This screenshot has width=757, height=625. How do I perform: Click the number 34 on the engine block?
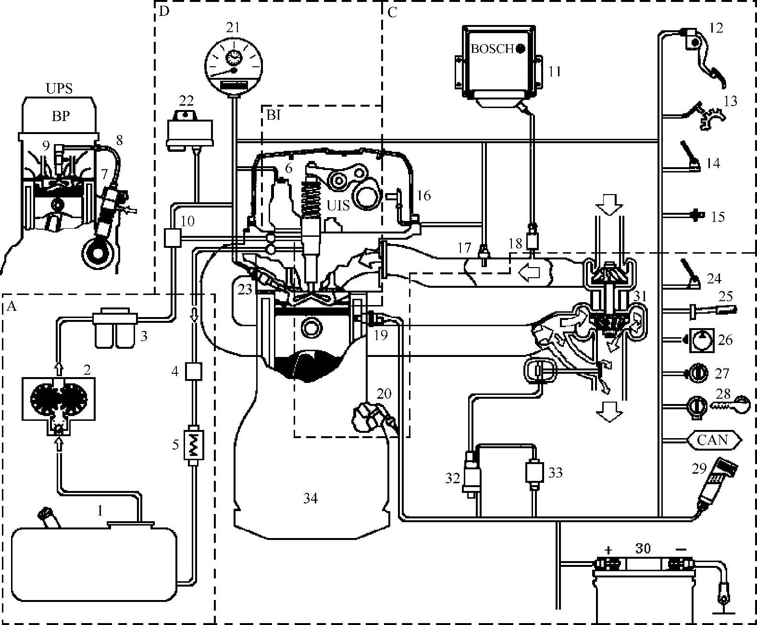click(310, 499)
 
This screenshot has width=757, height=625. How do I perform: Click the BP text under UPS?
click(61, 116)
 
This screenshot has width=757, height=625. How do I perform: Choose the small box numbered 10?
click(172, 237)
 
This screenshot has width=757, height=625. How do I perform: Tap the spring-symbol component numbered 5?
click(196, 445)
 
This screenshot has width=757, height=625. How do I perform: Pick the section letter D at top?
click(164, 11)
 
